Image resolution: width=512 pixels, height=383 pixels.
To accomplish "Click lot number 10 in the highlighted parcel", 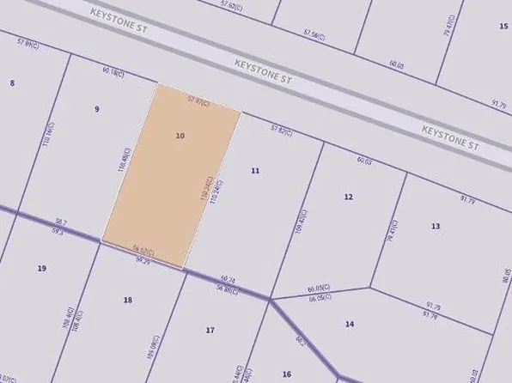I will coord(180,136).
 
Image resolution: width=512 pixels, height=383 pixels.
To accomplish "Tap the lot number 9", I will coord(97,109).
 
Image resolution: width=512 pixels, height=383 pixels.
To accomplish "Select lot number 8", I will coord(12,82).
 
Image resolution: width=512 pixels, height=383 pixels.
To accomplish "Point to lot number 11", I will coord(255,171).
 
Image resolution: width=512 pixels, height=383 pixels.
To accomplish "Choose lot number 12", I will coord(348,197).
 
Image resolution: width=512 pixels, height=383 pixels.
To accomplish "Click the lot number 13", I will coord(436,225).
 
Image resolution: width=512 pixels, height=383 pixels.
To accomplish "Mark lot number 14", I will coord(349,324).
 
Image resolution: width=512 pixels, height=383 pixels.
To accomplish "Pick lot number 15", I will coord(503,27).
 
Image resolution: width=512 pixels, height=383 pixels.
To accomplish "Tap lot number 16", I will coord(287,374).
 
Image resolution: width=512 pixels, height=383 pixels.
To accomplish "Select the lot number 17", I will coord(210,330).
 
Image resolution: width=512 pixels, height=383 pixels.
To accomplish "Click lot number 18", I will coord(128,299).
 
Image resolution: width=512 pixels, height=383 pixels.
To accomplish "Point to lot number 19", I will coord(42,269).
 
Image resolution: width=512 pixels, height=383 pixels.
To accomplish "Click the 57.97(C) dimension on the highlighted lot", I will coord(198,100).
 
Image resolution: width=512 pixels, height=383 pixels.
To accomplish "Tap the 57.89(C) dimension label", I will coord(28,43).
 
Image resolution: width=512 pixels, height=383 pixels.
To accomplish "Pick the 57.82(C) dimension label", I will coord(282,130).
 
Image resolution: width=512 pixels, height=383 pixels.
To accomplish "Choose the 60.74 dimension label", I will coord(228,279).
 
